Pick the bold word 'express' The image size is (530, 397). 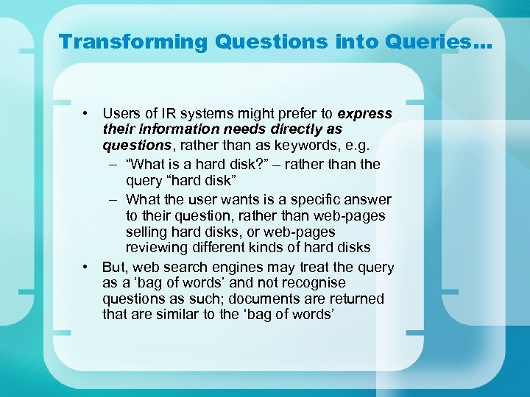[364, 114]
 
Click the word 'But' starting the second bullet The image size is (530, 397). [114, 268]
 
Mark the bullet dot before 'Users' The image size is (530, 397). [86, 114]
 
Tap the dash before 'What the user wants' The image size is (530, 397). [114, 199]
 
